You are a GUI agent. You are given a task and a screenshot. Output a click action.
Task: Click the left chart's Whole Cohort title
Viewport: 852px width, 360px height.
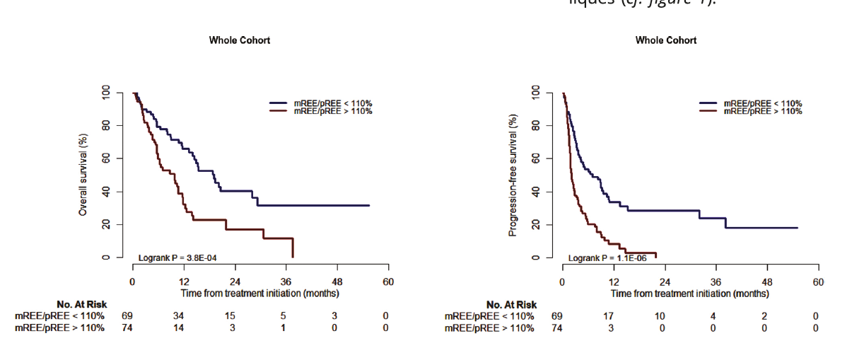(x=239, y=40)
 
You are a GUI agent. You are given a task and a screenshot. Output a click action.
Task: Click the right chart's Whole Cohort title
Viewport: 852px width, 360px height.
(x=665, y=40)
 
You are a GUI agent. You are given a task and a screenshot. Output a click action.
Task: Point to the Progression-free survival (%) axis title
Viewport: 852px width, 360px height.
(x=513, y=175)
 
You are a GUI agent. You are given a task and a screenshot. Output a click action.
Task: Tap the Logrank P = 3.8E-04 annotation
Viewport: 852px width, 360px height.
(x=182, y=257)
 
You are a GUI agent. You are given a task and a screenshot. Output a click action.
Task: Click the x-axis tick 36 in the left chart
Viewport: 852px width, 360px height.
(x=286, y=281)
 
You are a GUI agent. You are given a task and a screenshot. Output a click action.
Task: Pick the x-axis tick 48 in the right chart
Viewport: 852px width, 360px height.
(x=767, y=281)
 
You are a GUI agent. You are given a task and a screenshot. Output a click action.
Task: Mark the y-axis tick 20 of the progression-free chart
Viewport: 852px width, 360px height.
(x=537, y=224)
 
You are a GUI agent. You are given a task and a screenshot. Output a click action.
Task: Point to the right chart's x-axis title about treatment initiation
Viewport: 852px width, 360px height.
(x=689, y=293)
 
